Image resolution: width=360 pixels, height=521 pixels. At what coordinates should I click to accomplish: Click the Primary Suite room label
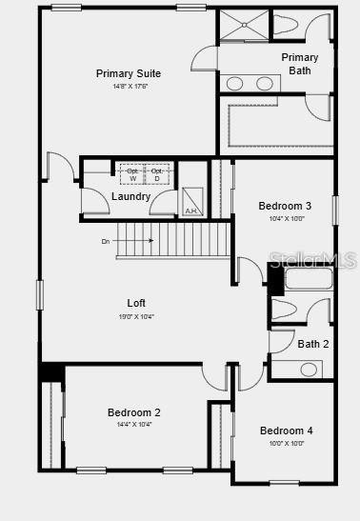(129, 73)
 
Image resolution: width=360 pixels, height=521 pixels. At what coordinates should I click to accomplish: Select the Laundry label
(130, 196)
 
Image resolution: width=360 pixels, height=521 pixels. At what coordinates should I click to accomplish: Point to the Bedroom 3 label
(285, 206)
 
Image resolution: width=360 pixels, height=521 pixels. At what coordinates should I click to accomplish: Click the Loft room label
(136, 303)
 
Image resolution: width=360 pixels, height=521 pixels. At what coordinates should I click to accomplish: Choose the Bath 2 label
(312, 344)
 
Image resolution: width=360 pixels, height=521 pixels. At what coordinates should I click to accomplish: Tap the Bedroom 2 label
(133, 412)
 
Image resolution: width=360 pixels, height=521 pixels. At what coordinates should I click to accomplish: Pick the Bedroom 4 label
(286, 431)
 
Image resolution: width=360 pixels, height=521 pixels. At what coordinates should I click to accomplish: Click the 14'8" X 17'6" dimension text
(129, 87)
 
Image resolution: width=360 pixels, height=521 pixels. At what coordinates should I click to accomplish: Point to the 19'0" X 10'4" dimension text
(136, 316)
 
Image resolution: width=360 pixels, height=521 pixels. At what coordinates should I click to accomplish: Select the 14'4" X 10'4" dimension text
(133, 425)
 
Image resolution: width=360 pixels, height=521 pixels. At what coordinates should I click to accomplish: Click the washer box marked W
(132, 174)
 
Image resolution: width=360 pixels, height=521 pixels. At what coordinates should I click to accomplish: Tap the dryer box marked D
(157, 174)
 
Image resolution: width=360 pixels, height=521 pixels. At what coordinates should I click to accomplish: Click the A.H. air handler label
(190, 210)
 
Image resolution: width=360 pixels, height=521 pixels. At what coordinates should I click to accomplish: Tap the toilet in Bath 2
(286, 309)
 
